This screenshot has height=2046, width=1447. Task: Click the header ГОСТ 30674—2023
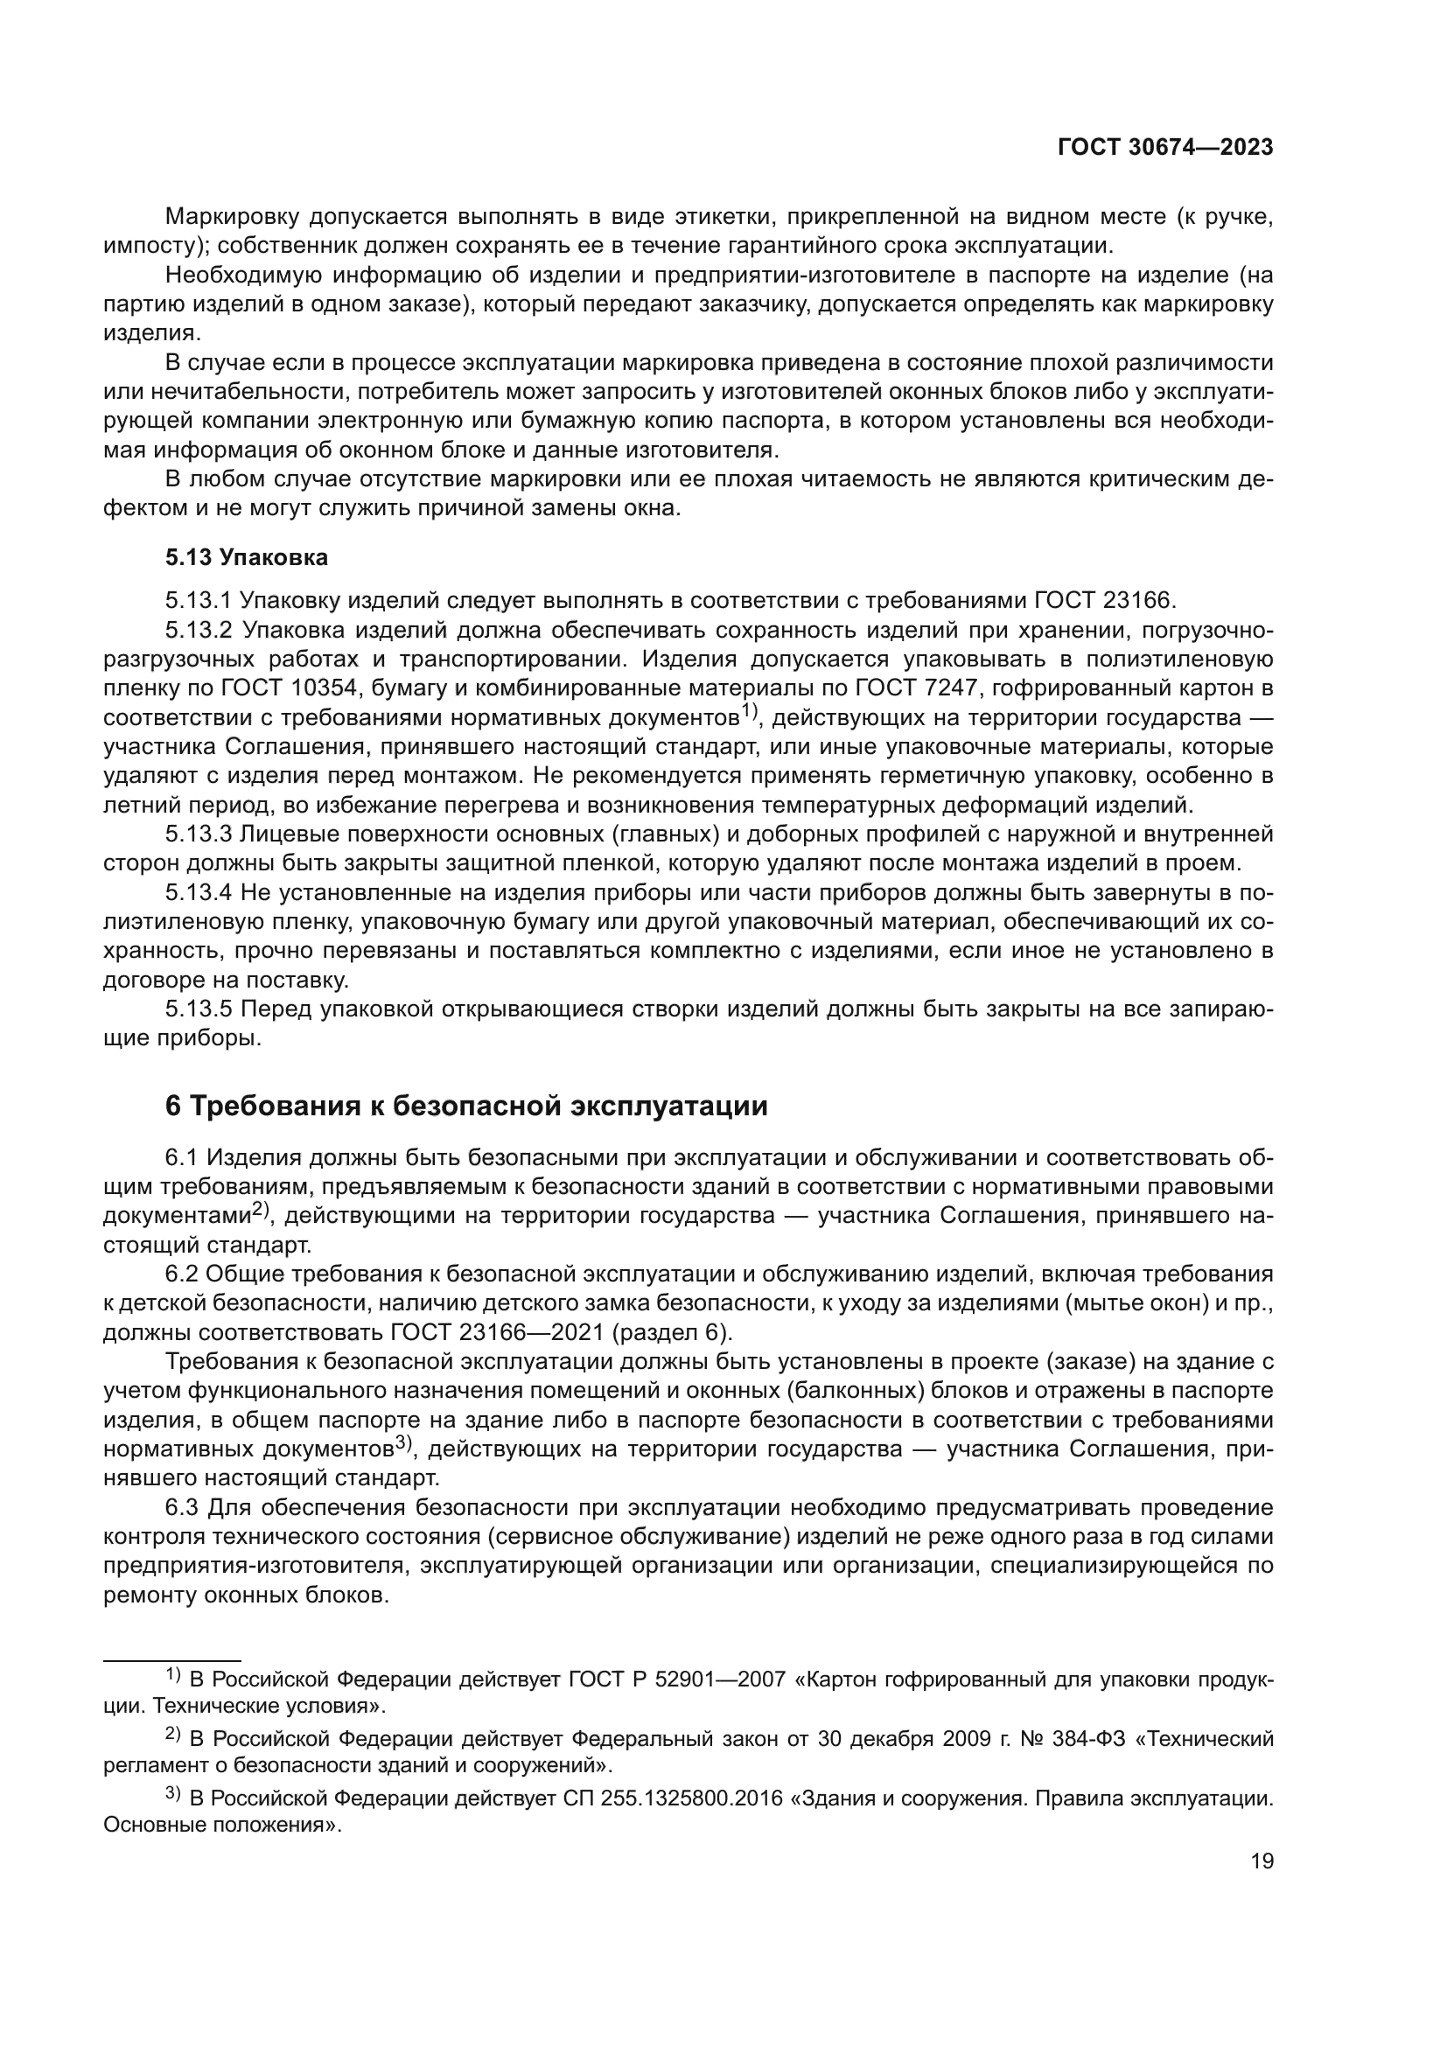(x=1164, y=148)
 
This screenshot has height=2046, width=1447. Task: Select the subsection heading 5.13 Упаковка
(x=246, y=558)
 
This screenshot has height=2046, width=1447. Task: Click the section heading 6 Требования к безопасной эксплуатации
(x=466, y=1107)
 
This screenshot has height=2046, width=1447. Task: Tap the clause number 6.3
(x=183, y=1508)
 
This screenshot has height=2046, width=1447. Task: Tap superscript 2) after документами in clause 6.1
(x=260, y=1210)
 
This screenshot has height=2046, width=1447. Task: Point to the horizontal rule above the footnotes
(x=172, y=1660)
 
